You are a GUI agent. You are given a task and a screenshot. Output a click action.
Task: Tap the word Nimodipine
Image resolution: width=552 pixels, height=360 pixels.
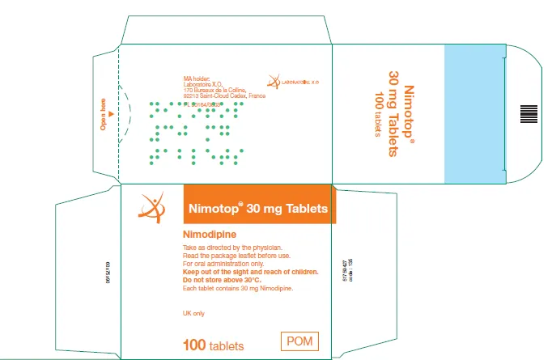tap(213, 234)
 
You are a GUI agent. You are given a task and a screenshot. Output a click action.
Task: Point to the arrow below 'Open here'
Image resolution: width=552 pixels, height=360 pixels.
tap(111, 113)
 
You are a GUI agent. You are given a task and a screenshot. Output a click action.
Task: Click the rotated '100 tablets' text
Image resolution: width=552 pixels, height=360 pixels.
tap(377, 112)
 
